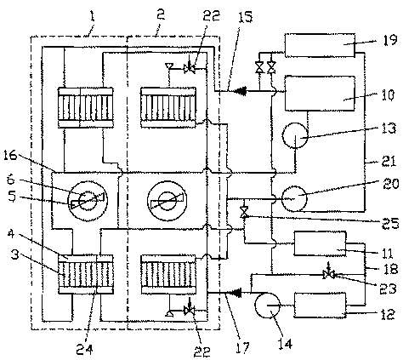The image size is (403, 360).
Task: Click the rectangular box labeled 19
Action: tap(320, 45)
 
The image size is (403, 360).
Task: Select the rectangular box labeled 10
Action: tap(320, 94)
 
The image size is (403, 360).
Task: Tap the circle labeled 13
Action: tap(296, 135)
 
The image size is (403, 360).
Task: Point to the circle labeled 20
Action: tap(294, 198)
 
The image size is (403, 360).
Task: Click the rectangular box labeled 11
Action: tap(321, 243)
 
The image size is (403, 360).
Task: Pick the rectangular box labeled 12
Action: tap(321, 305)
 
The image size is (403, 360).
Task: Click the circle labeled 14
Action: tap(268, 306)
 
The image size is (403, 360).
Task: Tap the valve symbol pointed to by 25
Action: tap(244, 213)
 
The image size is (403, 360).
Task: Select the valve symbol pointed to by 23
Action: tap(329, 274)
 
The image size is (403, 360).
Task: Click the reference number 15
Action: tap(245, 17)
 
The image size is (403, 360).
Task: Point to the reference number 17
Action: tap(243, 347)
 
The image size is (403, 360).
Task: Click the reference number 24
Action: tap(84, 349)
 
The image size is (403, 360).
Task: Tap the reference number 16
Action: tap(11, 156)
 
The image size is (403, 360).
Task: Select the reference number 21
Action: tap(389, 162)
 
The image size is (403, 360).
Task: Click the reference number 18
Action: tap(390, 269)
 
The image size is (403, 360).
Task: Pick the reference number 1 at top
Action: tap(92, 17)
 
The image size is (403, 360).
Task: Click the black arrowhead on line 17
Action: tap(235, 293)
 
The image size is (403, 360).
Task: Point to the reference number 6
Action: tap(10, 180)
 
